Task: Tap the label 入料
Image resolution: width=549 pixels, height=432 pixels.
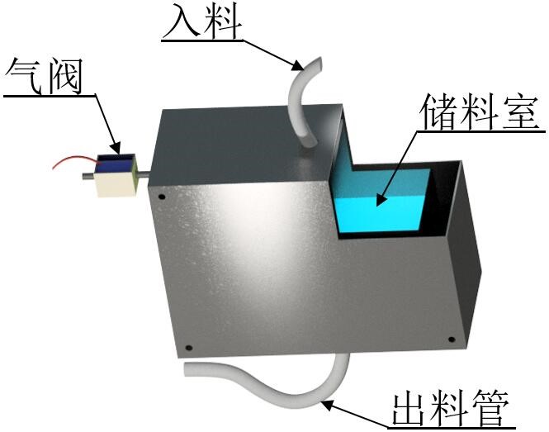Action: pyautogui.click(x=202, y=21)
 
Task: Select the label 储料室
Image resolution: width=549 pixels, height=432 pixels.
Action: pyautogui.click(x=482, y=112)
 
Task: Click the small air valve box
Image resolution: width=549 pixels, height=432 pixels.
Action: pyautogui.click(x=113, y=175)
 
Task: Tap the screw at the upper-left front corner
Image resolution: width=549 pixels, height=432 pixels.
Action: pyautogui.click(x=162, y=197)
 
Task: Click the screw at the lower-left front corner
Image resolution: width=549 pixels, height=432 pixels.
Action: pyautogui.click(x=188, y=348)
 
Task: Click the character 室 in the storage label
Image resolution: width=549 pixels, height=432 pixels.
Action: pyautogui.click(x=522, y=112)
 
